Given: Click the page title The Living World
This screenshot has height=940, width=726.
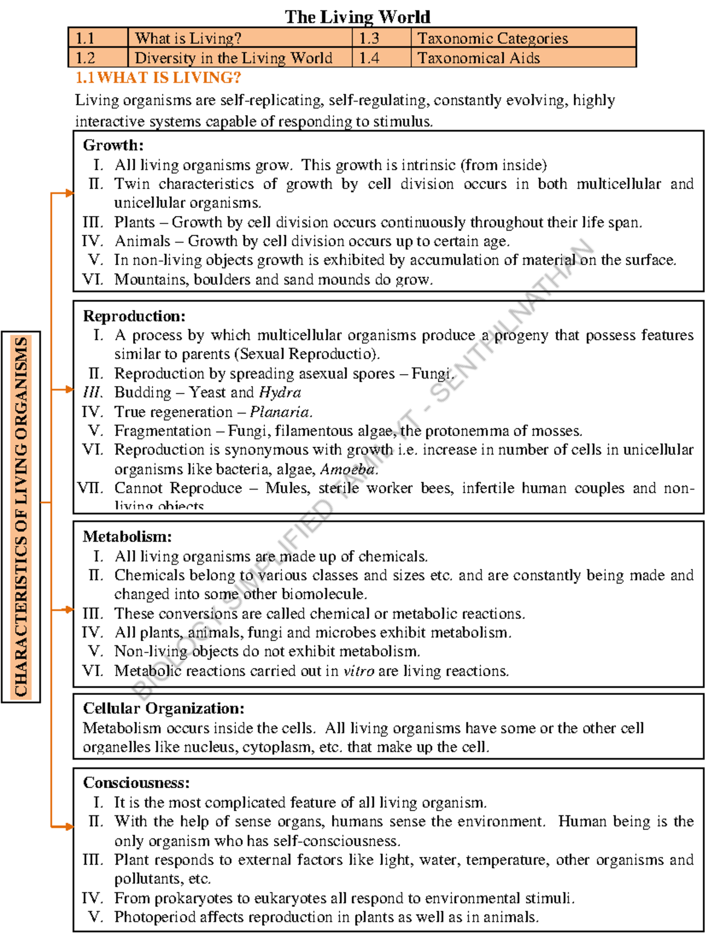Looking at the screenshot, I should coord(358,16).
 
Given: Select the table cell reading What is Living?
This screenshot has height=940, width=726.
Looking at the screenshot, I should coord(188,38).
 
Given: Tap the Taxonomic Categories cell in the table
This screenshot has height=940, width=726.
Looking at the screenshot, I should coord(492,38).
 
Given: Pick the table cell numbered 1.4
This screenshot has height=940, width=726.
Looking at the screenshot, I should coord(369,58).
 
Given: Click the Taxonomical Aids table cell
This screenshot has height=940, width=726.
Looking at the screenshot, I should coord(479,58).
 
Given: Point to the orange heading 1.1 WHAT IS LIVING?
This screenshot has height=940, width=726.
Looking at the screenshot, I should coord(158,77).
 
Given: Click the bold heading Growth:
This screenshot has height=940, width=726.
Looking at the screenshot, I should coord(113,145).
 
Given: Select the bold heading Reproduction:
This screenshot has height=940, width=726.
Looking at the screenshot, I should coord(134,316).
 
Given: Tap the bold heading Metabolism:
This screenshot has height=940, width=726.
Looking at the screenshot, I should coord(127,536).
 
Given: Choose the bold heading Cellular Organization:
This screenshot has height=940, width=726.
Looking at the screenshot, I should coord(163,708).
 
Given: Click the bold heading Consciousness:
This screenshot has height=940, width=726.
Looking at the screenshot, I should coord(136,783).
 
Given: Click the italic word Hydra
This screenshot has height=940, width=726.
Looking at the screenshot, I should coord(280,392).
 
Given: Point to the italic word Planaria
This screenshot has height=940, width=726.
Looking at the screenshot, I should coord(281,412).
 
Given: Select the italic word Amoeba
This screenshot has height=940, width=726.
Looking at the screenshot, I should coord(348,469).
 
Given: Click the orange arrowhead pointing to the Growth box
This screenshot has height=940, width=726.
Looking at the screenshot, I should coord(70,193).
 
